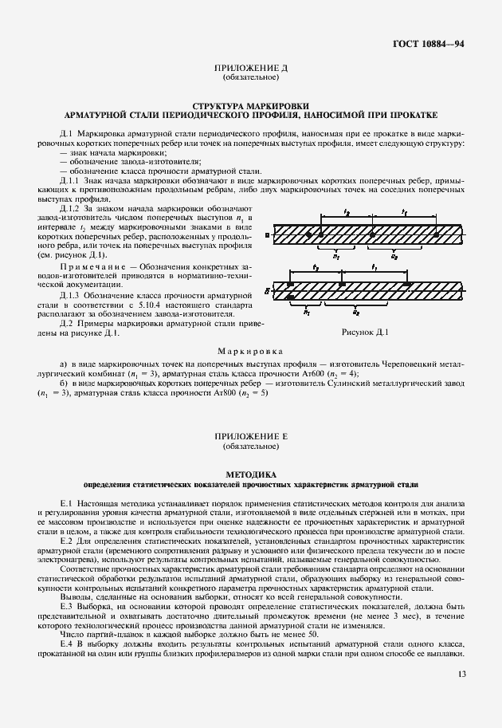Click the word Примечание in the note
click(87, 266)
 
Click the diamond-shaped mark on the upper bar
click(310, 234)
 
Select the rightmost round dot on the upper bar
click(437, 234)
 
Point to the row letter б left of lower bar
click(266, 293)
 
